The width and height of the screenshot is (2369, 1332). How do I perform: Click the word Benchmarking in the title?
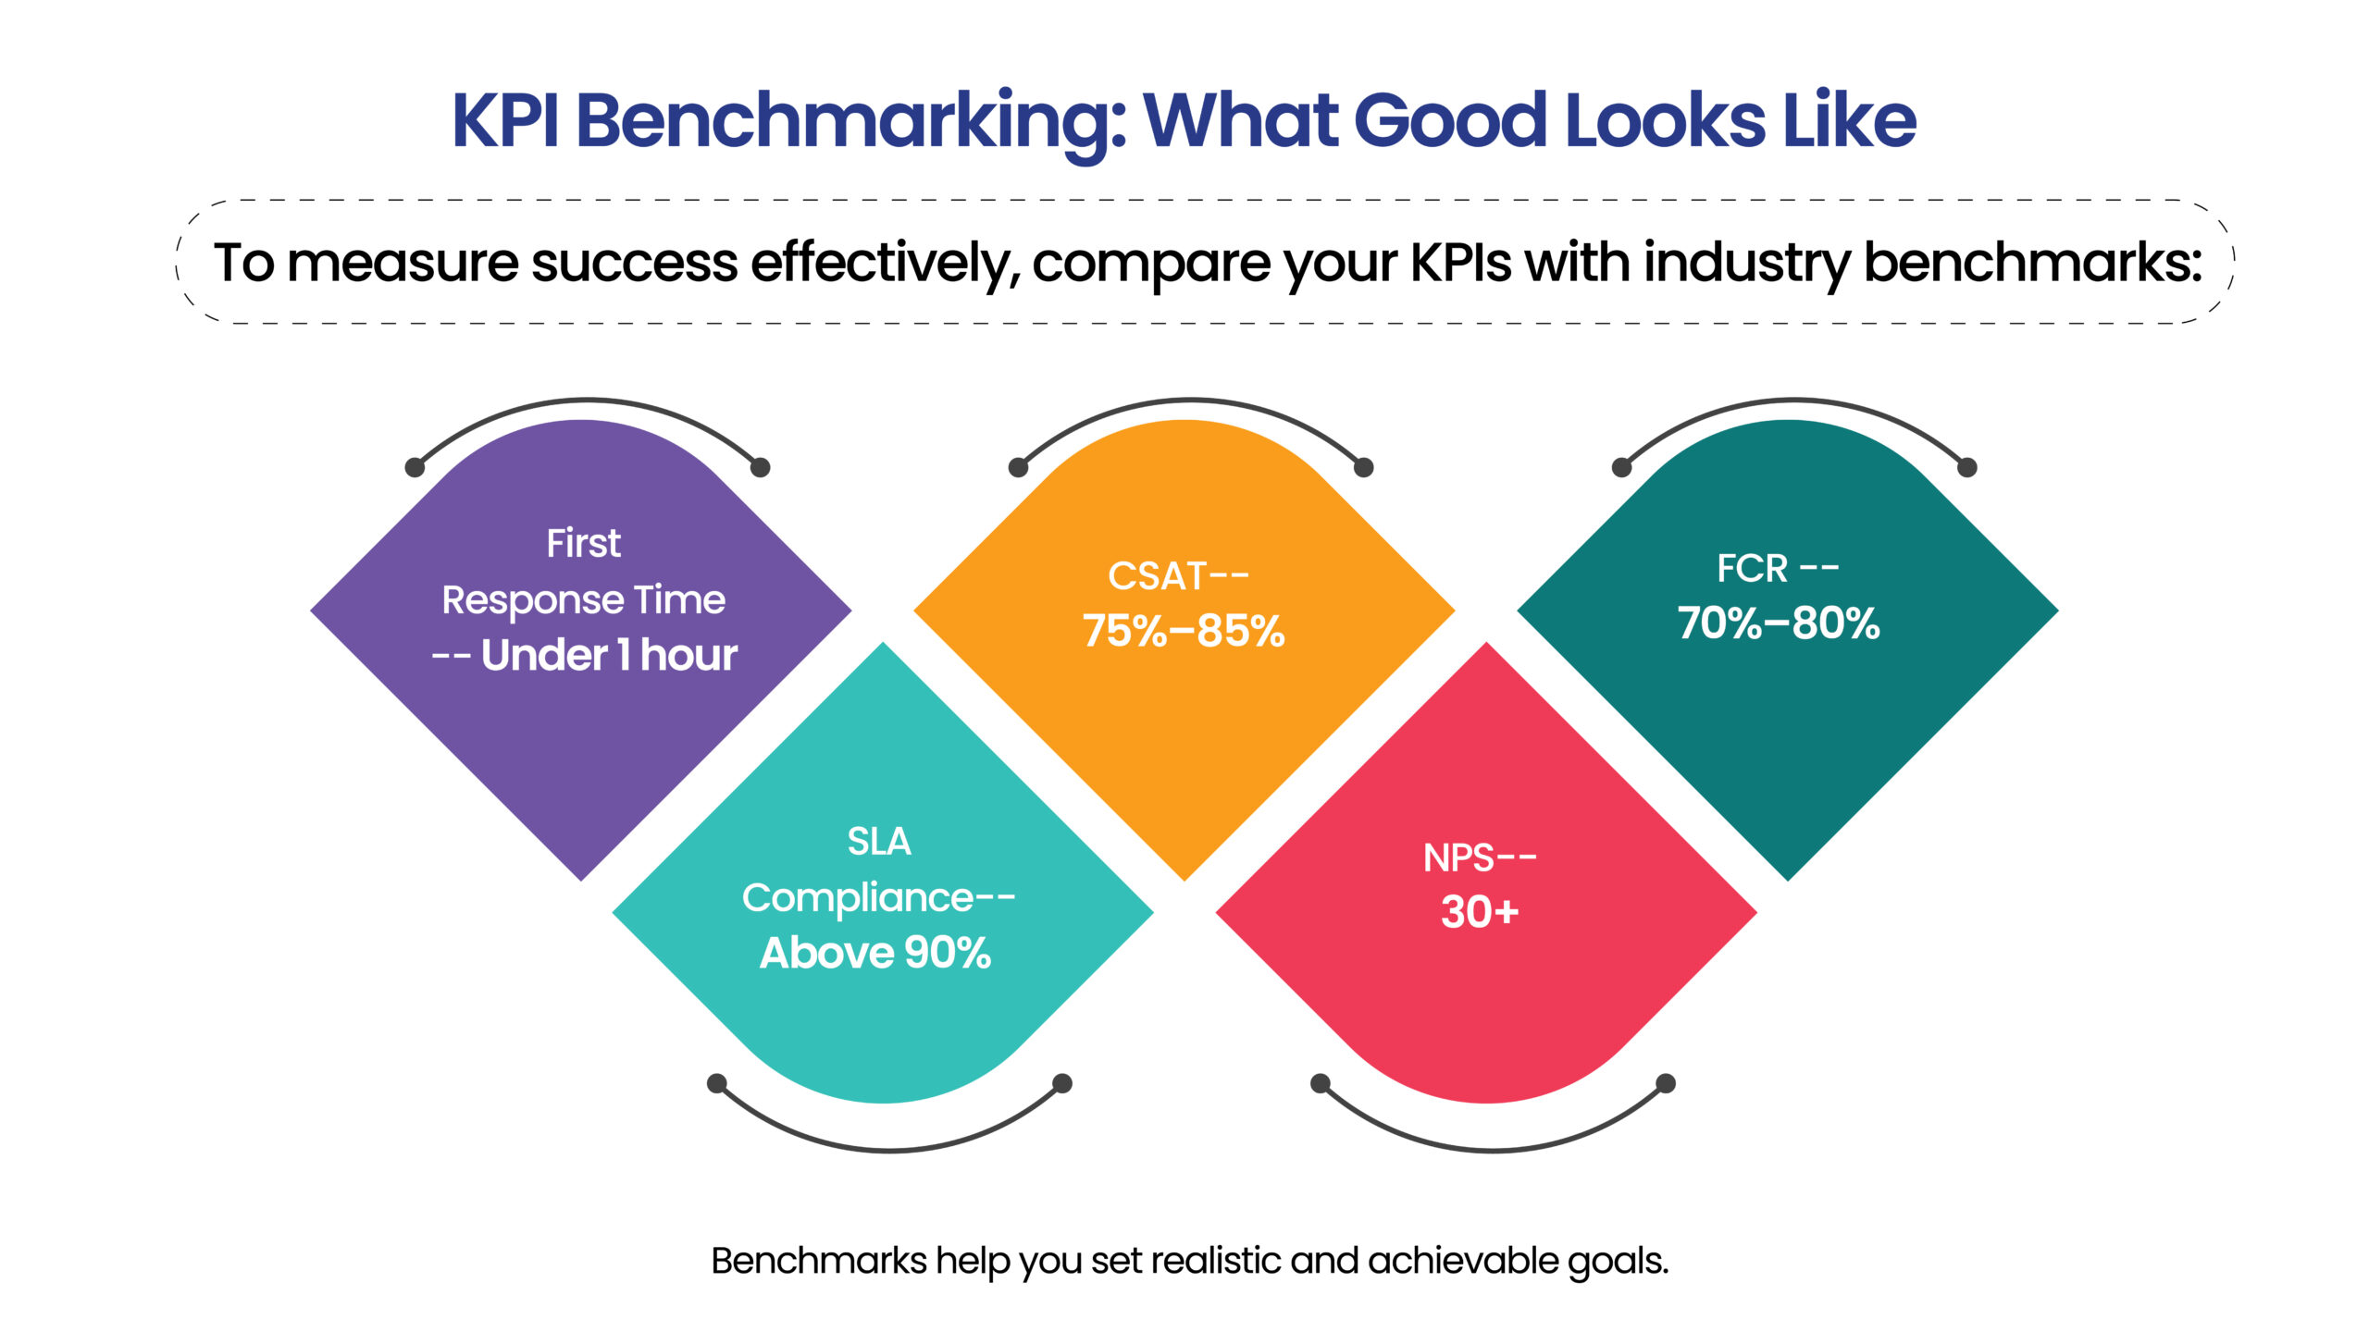click(x=850, y=122)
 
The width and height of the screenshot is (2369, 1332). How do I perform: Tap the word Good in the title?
click(x=1450, y=120)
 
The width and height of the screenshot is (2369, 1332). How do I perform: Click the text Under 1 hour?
click(x=609, y=655)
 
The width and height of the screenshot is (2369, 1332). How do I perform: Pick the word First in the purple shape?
click(x=583, y=543)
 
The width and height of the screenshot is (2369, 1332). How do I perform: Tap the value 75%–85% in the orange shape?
click(x=1184, y=631)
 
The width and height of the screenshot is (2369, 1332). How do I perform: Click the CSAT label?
click(x=1157, y=576)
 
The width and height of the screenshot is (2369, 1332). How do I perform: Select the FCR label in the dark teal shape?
click(x=1752, y=568)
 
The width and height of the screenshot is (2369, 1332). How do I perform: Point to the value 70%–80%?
click(x=1779, y=623)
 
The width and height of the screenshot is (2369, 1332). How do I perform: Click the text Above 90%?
click(x=875, y=953)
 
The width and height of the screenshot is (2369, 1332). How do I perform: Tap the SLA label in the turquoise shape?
click(x=879, y=842)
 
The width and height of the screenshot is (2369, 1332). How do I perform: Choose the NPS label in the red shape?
click(x=1459, y=858)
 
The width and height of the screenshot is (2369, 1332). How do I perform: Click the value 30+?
click(x=1480, y=912)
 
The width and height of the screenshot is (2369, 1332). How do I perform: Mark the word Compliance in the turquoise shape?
click(x=858, y=898)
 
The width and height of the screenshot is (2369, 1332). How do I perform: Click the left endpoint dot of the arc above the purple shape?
click(x=416, y=467)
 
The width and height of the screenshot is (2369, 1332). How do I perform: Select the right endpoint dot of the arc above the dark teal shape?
click(x=1967, y=467)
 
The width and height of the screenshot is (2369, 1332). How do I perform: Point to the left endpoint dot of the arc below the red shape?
click(x=1321, y=1082)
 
